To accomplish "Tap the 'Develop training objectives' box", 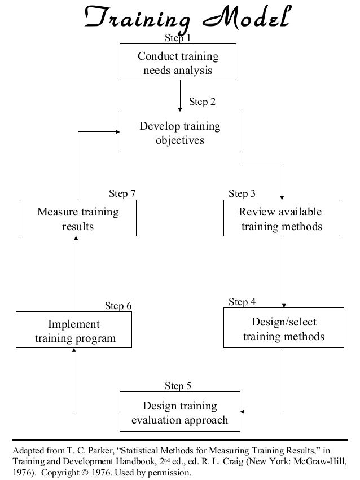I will [x=179, y=133].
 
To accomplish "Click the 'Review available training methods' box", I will [x=281, y=219].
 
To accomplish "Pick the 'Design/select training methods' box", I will [x=283, y=329].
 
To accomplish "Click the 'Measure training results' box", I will [x=78, y=219].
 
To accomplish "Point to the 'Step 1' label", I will [x=177, y=38].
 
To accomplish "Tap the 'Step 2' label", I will [x=202, y=102].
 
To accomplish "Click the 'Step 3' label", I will [x=242, y=193].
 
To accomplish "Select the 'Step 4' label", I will [x=242, y=302].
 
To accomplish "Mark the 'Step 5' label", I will [x=178, y=386].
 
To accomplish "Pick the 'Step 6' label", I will [x=118, y=306].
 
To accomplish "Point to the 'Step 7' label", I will [x=122, y=193].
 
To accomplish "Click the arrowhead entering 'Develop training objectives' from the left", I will [x=117, y=132].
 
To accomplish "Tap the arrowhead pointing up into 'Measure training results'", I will [x=76, y=239].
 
